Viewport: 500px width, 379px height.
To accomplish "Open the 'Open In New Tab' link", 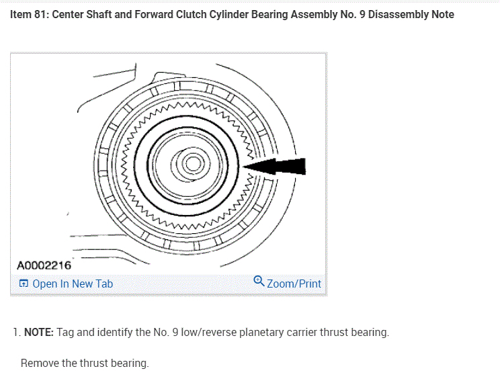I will (72, 284).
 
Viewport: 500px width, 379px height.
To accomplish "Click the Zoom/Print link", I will (294, 284).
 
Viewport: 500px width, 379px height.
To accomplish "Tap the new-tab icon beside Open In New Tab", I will (24, 284).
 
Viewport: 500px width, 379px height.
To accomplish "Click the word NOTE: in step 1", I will (39, 332).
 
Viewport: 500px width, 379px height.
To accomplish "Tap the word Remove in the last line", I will (39, 363).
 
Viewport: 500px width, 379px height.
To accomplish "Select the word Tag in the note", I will (66, 332).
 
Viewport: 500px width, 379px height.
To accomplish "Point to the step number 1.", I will (15, 332).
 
